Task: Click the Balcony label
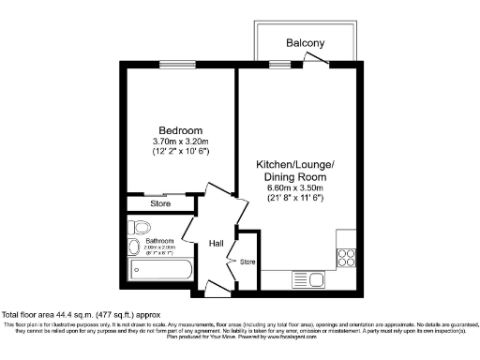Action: pos(306,43)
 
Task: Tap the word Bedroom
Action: pos(180,130)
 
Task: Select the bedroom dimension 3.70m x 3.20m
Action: pos(180,141)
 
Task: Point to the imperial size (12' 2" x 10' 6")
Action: pos(180,151)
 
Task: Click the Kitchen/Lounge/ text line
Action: pos(295,164)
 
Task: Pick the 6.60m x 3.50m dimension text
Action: pos(295,187)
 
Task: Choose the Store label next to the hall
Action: pos(247,261)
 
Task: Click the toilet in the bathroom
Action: pos(141,227)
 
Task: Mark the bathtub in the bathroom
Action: pos(159,275)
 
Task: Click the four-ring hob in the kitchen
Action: pos(345,254)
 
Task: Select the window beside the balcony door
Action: pos(279,64)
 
